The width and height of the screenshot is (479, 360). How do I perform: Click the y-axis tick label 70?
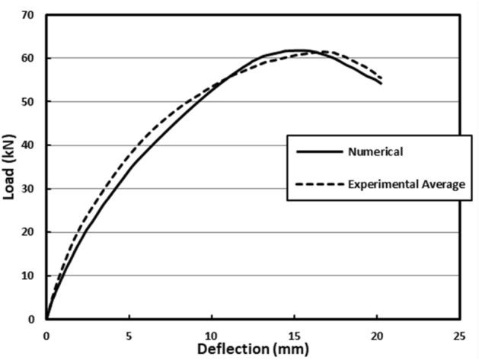pos(30,15)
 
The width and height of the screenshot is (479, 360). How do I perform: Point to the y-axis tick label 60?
pos(30,59)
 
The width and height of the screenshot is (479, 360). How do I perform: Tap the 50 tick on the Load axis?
pos(30,102)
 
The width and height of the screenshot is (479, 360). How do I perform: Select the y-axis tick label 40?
pos(30,145)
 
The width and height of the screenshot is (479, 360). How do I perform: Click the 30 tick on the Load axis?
pos(30,189)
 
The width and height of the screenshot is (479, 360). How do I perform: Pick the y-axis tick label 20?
pos(30,232)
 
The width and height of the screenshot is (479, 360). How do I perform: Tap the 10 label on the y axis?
pos(30,276)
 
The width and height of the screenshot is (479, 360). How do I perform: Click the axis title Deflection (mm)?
pos(252,349)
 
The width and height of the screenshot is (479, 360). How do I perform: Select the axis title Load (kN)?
pos(10,167)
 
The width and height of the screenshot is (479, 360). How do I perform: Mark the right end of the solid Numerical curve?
pos(381,84)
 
